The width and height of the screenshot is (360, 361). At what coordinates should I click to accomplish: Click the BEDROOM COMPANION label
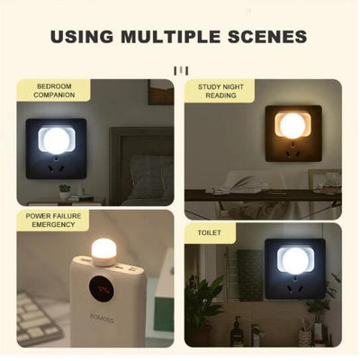pyautogui.click(x=54, y=89)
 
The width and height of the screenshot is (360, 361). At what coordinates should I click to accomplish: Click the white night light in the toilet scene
pyautogui.click(x=290, y=261)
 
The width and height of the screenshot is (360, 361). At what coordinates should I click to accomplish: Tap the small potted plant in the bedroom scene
pyautogui.click(x=64, y=193)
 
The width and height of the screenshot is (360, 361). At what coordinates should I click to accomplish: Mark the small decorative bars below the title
pyautogui.click(x=180, y=69)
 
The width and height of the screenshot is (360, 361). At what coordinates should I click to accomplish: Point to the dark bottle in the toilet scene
pyautogui.click(x=236, y=331)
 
